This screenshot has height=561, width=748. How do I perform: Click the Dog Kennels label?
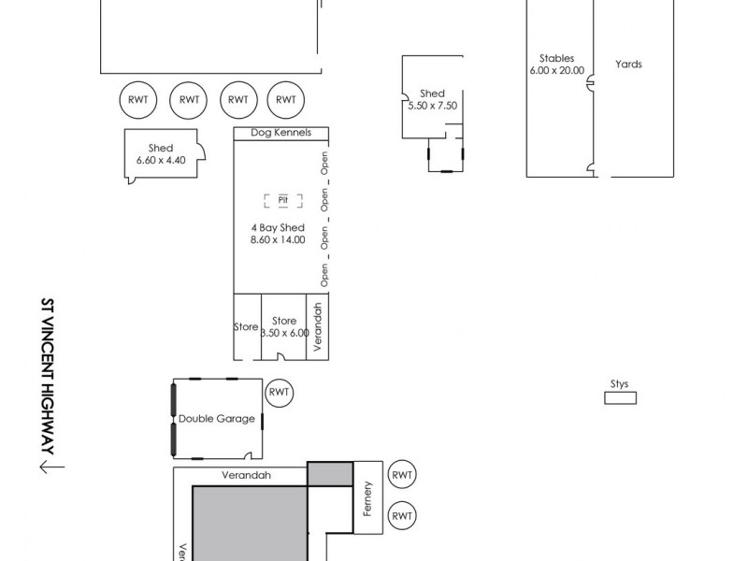tap(280, 133)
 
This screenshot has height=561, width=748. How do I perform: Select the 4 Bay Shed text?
tap(278, 228)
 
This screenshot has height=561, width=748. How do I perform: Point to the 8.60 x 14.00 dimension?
tap(278, 240)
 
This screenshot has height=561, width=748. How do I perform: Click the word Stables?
tap(556, 58)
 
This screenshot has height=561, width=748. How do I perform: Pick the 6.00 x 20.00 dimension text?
tap(556, 70)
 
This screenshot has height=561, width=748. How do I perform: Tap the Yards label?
tap(628, 65)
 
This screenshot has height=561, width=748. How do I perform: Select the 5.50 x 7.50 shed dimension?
tap(432, 106)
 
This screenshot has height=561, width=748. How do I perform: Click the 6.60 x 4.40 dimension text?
tap(160, 161)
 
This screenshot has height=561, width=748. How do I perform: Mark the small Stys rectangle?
tap(620, 398)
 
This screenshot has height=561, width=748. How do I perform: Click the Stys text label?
tap(619, 384)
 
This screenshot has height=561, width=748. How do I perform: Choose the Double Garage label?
tap(216, 419)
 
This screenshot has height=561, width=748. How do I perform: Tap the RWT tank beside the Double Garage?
tap(280, 392)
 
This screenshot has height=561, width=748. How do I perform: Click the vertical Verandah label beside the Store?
tap(318, 326)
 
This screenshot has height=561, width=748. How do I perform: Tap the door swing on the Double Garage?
tap(248, 455)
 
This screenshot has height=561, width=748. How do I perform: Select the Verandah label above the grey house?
tap(246, 475)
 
